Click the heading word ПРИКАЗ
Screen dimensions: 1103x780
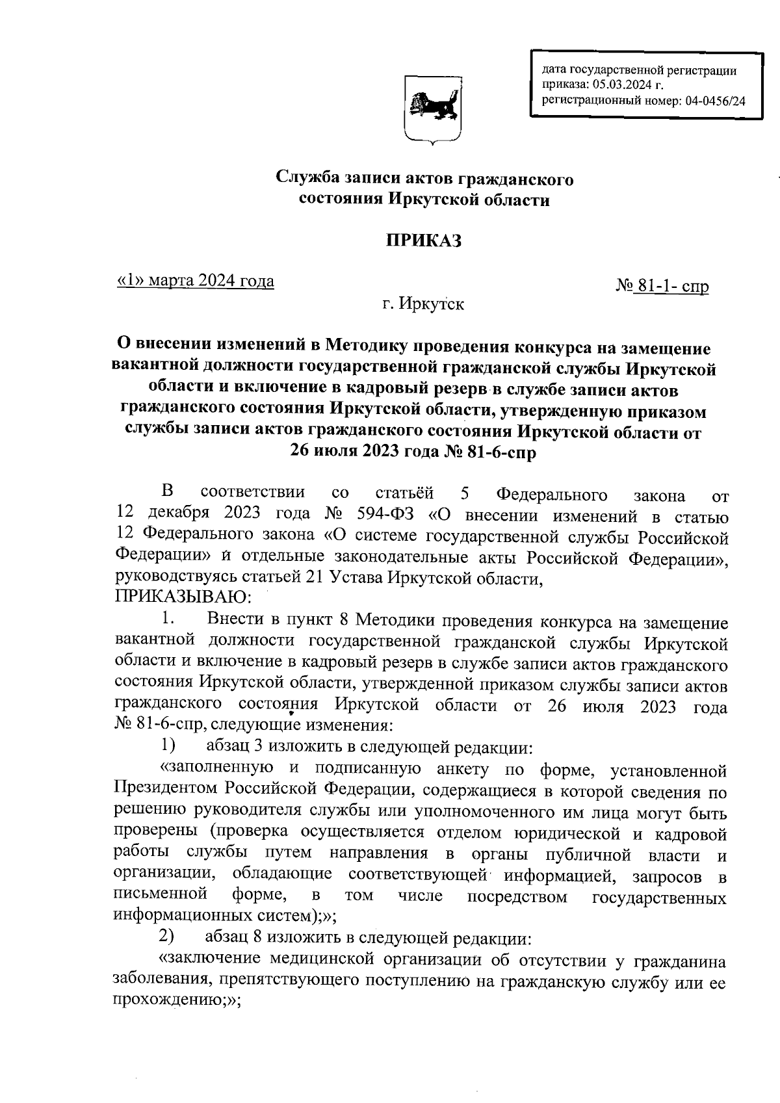424,240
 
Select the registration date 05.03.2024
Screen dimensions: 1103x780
623,85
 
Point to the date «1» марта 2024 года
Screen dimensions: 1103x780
195,281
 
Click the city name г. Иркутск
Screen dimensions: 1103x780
422,304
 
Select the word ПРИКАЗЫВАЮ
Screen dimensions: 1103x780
183,595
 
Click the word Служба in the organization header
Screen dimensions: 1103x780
309,177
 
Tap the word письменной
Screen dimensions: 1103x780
161,896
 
